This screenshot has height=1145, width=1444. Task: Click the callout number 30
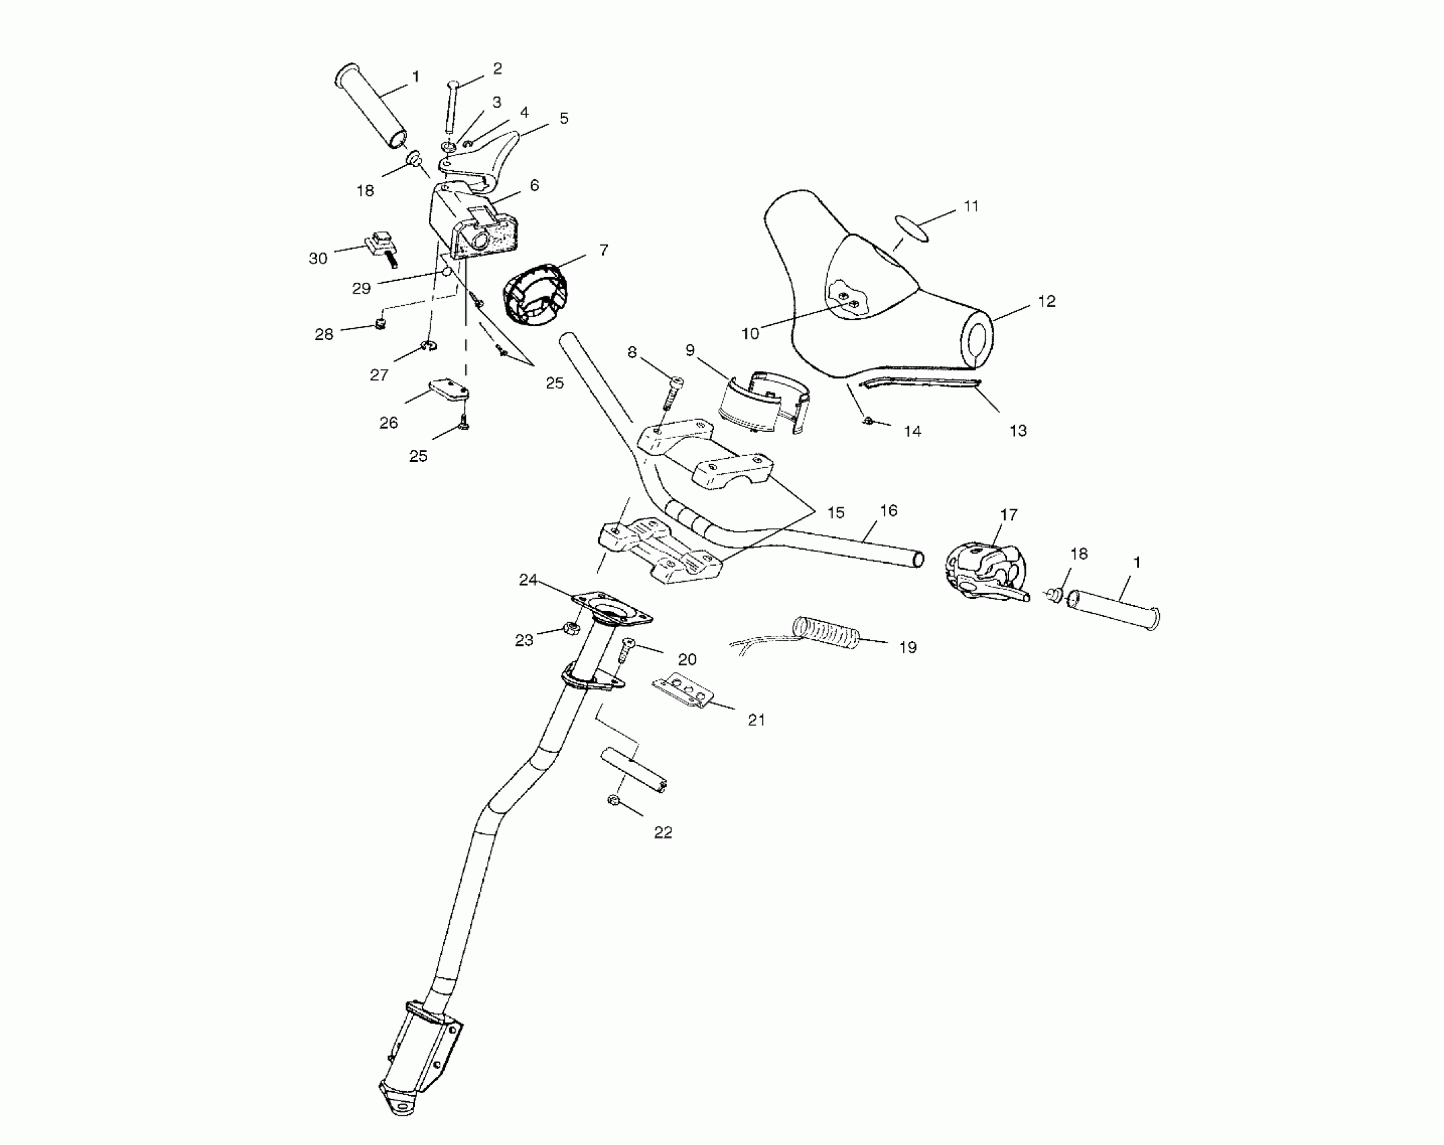pos(318,258)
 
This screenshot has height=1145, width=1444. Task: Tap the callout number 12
pos(1047,302)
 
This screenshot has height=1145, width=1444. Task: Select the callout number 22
pos(663,832)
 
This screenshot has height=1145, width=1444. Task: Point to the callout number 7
pos(603,251)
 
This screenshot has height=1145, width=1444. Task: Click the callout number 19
pos(908,647)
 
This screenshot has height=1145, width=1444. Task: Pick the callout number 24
pos(528,579)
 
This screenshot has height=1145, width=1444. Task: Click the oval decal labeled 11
pos(913,228)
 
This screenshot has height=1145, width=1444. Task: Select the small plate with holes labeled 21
pos(682,691)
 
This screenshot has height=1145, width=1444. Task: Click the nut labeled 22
pos(614,799)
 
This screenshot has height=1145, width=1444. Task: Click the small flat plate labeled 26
pos(449,391)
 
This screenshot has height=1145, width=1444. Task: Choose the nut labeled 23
pos(568,630)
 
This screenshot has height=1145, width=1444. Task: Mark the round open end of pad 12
pos(977,339)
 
